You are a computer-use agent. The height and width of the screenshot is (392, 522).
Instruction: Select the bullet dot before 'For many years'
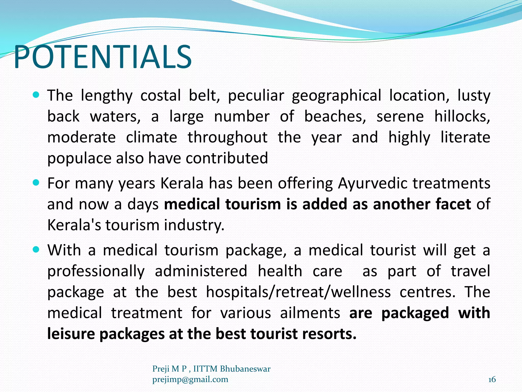coord(36,183)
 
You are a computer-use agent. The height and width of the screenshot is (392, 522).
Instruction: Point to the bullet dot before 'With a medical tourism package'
coord(36,249)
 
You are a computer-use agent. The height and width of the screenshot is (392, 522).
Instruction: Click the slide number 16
coord(492,379)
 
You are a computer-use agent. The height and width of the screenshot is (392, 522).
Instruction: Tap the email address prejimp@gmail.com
coord(190,379)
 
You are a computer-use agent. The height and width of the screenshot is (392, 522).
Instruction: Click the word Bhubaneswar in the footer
coord(245,369)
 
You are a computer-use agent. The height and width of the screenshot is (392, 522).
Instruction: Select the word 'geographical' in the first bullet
coord(336,96)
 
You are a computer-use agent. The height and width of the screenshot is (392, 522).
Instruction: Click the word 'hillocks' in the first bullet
coord(462,116)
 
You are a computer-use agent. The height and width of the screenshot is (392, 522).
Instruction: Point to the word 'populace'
coord(79,158)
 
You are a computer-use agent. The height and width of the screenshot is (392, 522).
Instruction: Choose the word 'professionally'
coord(96,271)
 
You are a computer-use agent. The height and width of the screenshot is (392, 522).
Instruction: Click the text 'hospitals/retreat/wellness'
coord(298,292)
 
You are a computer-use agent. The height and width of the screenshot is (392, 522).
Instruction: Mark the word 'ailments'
coord(310,313)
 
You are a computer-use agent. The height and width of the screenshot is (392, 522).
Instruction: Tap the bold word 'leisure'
coord(71,334)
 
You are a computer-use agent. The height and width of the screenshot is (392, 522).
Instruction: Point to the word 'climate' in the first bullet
coord(152,137)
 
